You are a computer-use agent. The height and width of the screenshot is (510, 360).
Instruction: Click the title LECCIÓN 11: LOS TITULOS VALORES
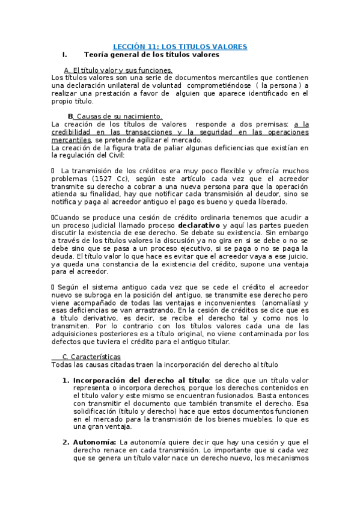(x=181, y=46)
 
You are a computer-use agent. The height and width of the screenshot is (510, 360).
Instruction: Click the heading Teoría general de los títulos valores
(x=151, y=55)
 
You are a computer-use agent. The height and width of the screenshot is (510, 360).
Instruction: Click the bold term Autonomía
(x=95, y=443)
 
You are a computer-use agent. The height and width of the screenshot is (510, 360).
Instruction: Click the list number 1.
(x=66, y=381)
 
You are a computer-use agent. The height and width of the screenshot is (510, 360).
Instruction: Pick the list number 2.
(x=66, y=443)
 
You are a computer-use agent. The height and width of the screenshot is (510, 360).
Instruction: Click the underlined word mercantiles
(x=71, y=140)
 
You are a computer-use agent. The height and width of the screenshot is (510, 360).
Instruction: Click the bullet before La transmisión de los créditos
(x=53, y=171)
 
